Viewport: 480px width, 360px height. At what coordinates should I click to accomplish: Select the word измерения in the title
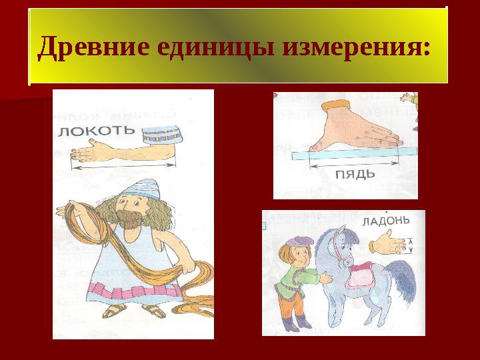(352, 47)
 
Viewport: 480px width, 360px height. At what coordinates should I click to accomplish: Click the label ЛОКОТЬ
(97, 131)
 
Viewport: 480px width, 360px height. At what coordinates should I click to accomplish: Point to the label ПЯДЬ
(355, 175)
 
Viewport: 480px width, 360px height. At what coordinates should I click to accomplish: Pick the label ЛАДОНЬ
(386, 221)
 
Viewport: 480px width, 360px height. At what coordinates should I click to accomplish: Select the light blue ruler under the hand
(354, 153)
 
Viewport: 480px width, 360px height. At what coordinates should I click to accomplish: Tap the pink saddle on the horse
(361, 277)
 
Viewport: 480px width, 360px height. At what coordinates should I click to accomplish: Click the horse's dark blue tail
(401, 280)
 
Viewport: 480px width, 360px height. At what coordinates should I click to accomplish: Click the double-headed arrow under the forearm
(123, 166)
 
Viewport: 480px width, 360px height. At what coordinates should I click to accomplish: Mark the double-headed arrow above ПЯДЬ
(354, 165)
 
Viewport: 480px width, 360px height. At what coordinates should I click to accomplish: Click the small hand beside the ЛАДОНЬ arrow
(387, 244)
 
